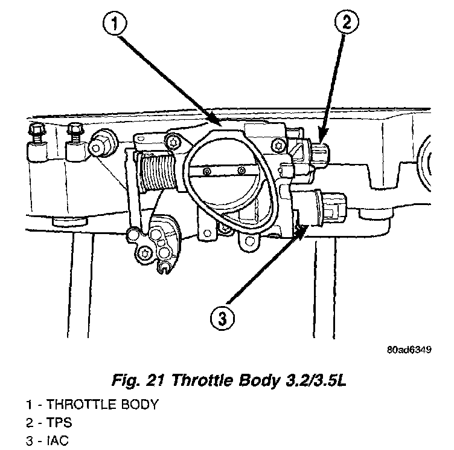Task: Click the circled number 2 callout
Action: (x=347, y=24)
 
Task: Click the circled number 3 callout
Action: (x=221, y=317)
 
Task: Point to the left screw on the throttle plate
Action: (x=207, y=172)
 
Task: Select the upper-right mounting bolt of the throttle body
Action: (x=278, y=145)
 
